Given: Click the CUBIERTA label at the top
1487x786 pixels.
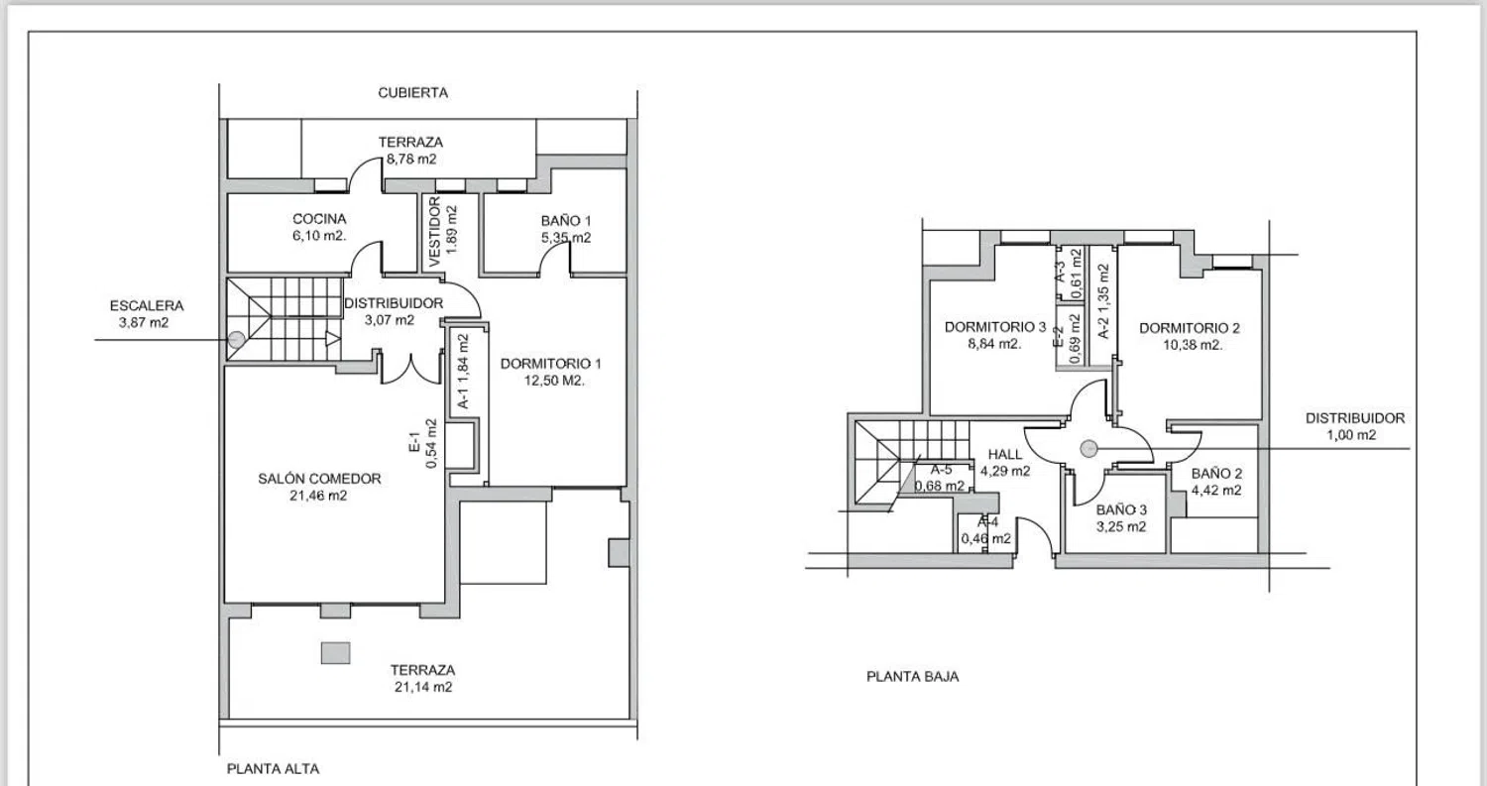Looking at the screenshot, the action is (413, 93).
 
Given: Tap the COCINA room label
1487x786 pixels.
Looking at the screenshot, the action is (319, 218).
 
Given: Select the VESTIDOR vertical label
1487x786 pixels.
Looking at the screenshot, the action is (435, 232).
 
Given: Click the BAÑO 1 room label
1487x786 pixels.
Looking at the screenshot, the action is (566, 220).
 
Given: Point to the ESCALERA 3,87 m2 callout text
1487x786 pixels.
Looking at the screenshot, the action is (147, 314).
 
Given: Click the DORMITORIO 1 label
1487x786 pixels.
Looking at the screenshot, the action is (550, 363).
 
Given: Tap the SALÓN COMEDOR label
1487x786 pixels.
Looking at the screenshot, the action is (319, 478).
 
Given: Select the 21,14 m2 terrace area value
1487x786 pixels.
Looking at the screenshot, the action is (423, 687).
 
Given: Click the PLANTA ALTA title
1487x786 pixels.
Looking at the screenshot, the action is (273, 769).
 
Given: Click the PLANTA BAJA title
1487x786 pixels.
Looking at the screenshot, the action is (913, 676).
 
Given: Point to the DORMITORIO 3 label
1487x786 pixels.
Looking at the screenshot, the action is (995, 327).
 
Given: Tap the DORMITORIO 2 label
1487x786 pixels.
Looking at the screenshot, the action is (1190, 327).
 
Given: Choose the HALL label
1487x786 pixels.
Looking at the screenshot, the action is (1005, 454).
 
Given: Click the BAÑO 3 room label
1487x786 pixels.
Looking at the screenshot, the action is (1121, 509).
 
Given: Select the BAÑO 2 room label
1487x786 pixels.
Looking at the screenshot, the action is (1216, 473).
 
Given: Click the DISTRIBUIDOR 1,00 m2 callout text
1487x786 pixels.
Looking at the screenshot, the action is (1355, 426).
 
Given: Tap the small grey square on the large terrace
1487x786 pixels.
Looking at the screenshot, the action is (335, 652).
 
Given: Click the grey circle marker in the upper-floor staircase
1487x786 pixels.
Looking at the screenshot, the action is (236, 340).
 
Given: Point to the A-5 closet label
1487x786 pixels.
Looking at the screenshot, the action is (941, 470).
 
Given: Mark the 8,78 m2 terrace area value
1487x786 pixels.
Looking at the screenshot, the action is (411, 159).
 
